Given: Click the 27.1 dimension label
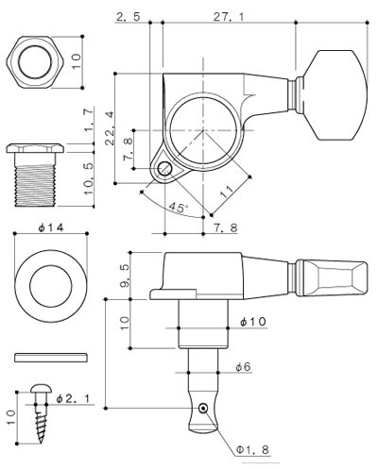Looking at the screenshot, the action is coord(229,17).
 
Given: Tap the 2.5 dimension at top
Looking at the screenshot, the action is coord(129,17).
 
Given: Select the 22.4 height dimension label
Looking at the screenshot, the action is coord(110,128).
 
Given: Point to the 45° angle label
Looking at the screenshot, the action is coord(179,208).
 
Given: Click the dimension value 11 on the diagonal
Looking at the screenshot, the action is coord(228,191).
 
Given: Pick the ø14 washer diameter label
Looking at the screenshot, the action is coord(51,227).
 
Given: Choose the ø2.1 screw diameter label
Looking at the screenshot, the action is coord(73,398).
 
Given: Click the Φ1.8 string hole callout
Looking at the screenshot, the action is coord(253,449).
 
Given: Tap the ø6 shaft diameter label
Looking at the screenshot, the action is coord(243,367).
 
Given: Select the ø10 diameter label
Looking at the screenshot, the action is coord(253,322).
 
